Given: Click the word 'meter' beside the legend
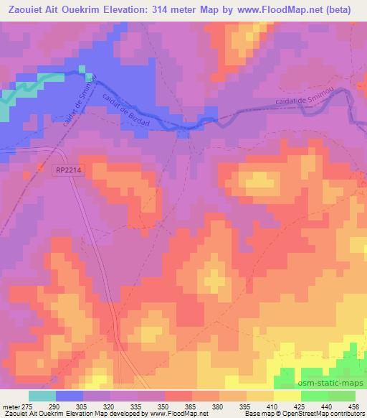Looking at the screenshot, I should point(10,407).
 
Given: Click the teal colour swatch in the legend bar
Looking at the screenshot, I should point(42,396).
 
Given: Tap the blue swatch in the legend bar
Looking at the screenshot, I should point(68,396).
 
